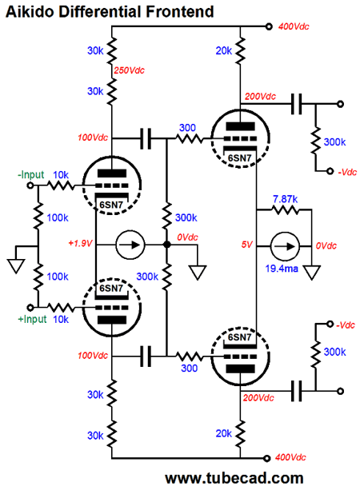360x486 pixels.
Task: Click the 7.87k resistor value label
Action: pyautogui.click(x=286, y=199)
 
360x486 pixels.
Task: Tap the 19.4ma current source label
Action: pyautogui.click(x=282, y=268)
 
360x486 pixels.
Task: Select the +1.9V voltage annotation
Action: pyautogui.click(x=80, y=243)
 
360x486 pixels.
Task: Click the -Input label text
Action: pyautogui.click(x=31, y=175)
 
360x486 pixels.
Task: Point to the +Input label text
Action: pyautogui.click(x=32, y=319)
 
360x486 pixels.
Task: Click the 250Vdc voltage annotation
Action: pyautogui.click(x=129, y=70)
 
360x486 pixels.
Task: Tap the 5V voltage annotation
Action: pyautogui.click(x=247, y=245)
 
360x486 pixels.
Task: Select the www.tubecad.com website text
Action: pyautogui.click(x=234, y=478)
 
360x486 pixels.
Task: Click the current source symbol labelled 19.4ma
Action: pyautogui.click(x=285, y=246)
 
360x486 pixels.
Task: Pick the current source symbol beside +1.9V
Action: pyautogui.click(x=130, y=245)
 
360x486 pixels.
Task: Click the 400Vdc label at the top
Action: pyautogui.click(x=294, y=26)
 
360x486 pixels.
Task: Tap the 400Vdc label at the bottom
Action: pyautogui.click(x=290, y=457)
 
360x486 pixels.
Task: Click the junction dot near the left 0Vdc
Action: pyautogui.click(x=167, y=245)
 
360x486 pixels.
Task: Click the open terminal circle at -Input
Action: pyautogui.click(x=30, y=185)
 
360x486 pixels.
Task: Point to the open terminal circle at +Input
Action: pyautogui.click(x=30, y=308)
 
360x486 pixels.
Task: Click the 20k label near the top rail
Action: pyautogui.click(x=223, y=50)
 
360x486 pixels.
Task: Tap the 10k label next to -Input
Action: pyautogui.click(x=61, y=175)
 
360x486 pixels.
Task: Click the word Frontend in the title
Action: pyautogui.click(x=180, y=12)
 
